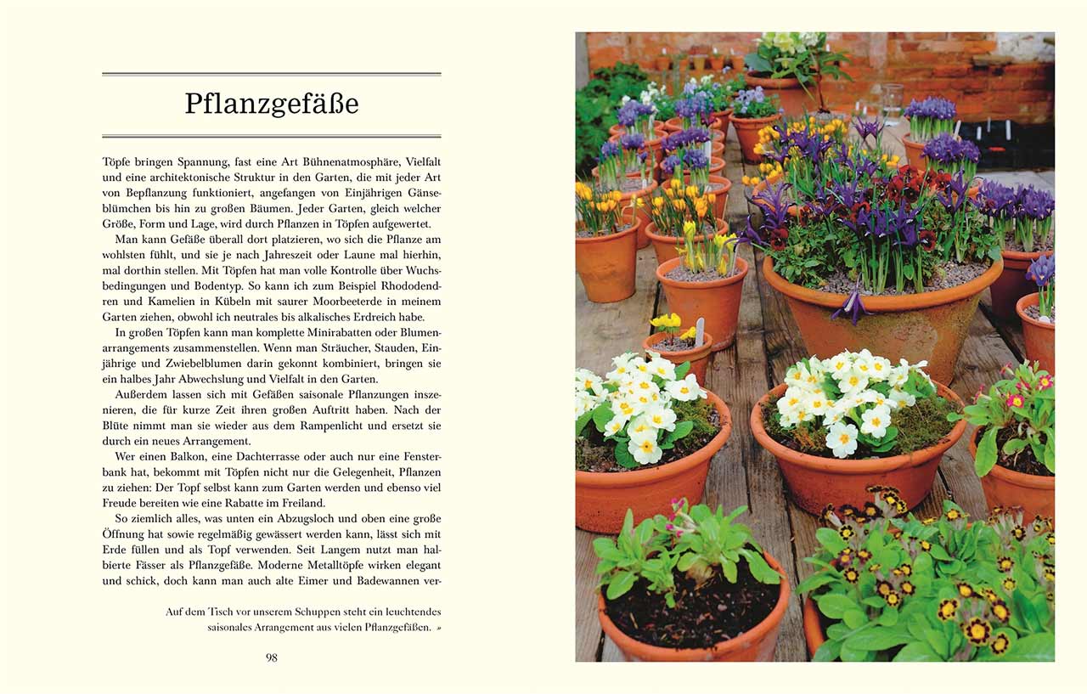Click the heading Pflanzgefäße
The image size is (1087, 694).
272,104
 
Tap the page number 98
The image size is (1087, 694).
272,657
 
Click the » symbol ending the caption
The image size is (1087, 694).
438,628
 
